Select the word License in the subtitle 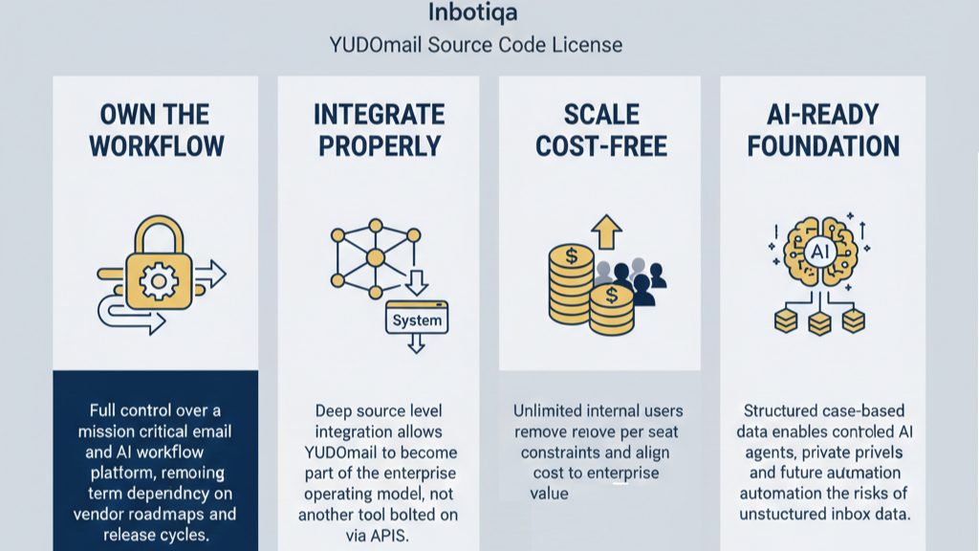pyautogui.click(x=583, y=45)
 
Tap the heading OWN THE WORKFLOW pyautogui.click(x=155, y=130)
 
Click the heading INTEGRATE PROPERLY pyautogui.click(x=379, y=130)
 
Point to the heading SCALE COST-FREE pyautogui.click(x=600, y=130)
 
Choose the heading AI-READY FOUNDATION pyautogui.click(x=822, y=130)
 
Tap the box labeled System pyautogui.click(x=418, y=320)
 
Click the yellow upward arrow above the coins pyautogui.click(x=605, y=230)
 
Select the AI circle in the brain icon pyautogui.click(x=819, y=252)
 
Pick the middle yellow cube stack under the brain pyautogui.click(x=819, y=324)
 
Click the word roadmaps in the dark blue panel pyautogui.click(x=175, y=513)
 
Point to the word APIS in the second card pyautogui.click(x=387, y=536)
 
